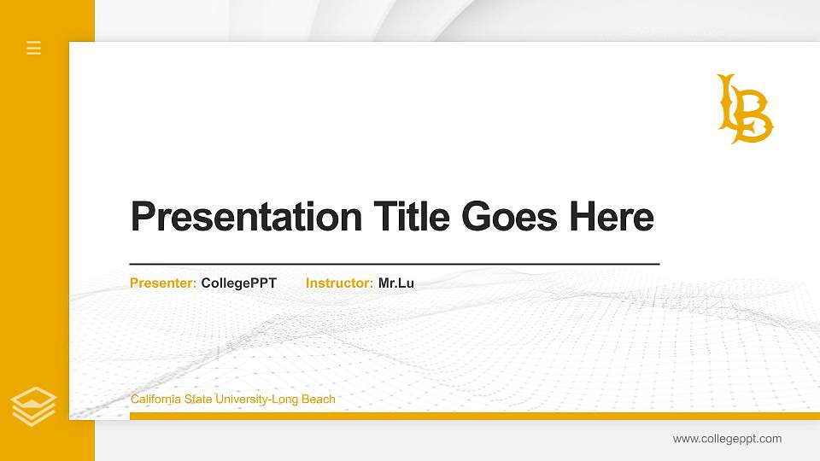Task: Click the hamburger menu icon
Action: tap(34, 48)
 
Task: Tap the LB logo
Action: tap(744, 109)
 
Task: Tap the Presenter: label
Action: tap(163, 283)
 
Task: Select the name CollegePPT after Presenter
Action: tap(239, 283)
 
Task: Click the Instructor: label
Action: tap(339, 283)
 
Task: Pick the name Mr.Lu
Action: tap(396, 283)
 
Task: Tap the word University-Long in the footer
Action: tap(249, 399)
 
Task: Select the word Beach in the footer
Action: tap(318, 399)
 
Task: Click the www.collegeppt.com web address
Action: tap(727, 439)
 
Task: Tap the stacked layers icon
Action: tap(34, 406)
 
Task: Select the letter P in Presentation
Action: tap(143, 218)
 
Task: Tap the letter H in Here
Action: tap(583, 218)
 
